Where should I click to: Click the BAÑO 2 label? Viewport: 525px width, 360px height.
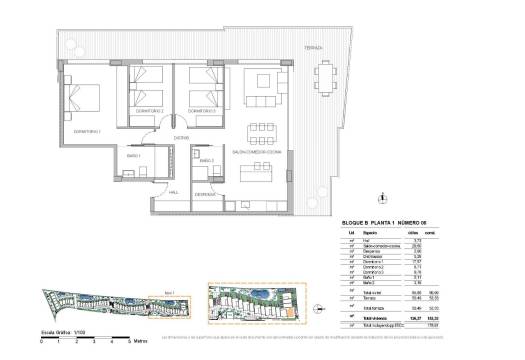pos(206,160)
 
